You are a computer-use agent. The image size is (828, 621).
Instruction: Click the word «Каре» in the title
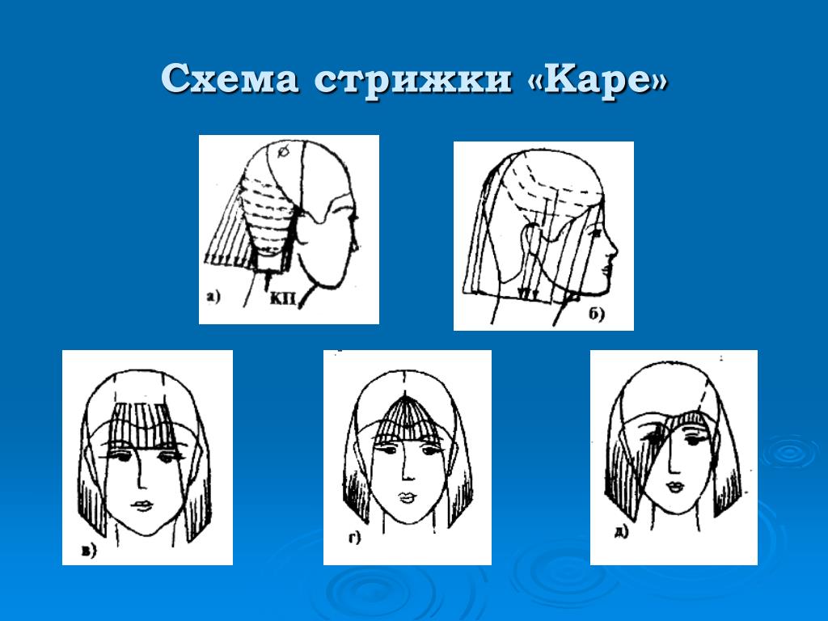tap(598, 80)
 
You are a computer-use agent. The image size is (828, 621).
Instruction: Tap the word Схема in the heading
tap(230, 79)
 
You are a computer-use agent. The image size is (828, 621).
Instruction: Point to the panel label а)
tap(213, 297)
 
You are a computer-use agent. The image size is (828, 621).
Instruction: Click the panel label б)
tap(596, 314)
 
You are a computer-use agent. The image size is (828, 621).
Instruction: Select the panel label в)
tap(89, 551)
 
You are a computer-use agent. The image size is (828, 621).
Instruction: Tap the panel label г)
tap(354, 538)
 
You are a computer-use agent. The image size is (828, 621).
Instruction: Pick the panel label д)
tap(621, 532)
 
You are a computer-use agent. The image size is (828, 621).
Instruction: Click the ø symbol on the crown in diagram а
tap(283, 151)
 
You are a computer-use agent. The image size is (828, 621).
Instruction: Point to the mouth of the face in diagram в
tap(141, 505)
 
